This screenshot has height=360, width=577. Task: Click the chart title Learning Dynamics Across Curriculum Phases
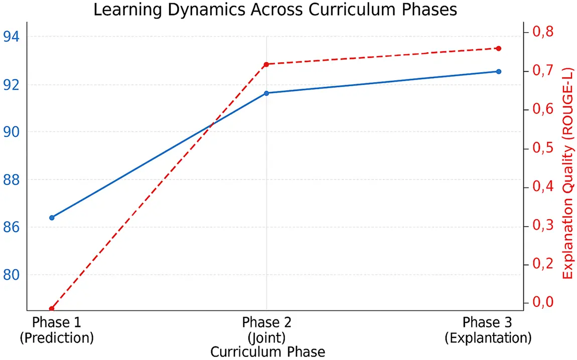click(x=275, y=10)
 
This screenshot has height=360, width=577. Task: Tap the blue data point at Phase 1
click(x=52, y=218)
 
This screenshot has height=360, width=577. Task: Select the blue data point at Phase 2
click(x=266, y=93)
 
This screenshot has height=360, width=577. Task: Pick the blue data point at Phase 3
click(x=498, y=72)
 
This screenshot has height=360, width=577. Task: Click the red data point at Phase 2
click(x=266, y=64)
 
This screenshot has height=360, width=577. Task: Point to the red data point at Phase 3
click(x=498, y=48)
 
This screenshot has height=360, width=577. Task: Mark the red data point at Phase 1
click(x=52, y=308)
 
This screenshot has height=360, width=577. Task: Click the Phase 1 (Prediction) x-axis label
click(x=57, y=330)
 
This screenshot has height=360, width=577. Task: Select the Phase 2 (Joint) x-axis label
click(x=266, y=330)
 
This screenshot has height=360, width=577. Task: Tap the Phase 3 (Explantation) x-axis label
click(x=488, y=330)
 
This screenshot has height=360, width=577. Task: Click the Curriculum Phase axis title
click(x=267, y=352)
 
